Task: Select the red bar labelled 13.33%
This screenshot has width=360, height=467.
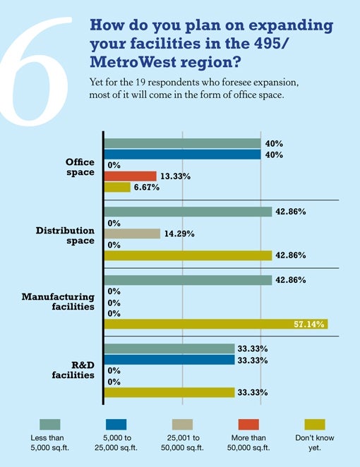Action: (x=130, y=176)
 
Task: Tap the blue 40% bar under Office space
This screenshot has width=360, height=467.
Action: (x=182, y=154)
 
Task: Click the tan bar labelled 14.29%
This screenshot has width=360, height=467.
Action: (x=132, y=233)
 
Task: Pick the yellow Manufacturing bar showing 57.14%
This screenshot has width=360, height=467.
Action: (x=216, y=324)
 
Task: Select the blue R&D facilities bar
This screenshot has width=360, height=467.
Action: (x=169, y=360)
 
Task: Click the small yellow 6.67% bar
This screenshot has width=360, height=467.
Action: (x=117, y=188)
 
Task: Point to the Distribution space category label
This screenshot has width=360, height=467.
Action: (x=65, y=236)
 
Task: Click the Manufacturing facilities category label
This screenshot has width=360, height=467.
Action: (x=58, y=302)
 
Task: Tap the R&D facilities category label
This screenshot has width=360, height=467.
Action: (x=73, y=370)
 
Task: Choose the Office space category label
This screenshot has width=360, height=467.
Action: (x=80, y=167)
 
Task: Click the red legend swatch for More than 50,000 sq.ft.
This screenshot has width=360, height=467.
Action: (x=248, y=425)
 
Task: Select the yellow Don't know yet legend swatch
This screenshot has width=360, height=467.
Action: (x=315, y=425)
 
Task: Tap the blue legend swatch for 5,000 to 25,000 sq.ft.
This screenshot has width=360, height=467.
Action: (x=116, y=425)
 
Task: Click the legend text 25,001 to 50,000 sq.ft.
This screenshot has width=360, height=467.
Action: (x=182, y=442)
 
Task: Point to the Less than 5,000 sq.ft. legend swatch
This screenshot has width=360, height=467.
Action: (x=50, y=425)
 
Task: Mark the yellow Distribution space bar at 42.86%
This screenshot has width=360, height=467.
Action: (x=188, y=255)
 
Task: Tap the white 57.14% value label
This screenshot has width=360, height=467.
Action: (x=308, y=324)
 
